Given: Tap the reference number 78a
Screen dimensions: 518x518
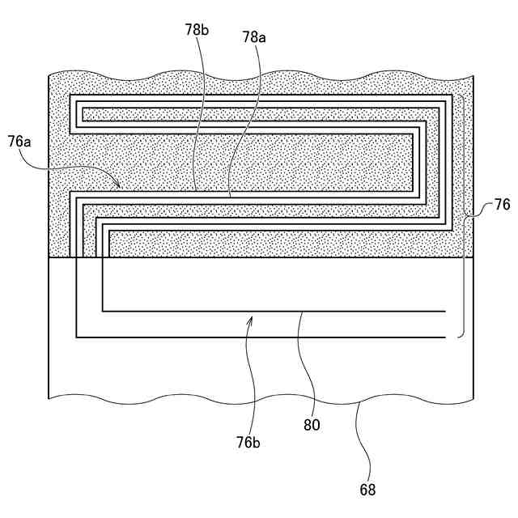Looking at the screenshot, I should [254, 37].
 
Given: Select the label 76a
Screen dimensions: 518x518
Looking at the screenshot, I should [20, 142].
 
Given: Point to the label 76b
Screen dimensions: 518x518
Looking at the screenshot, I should [249, 443].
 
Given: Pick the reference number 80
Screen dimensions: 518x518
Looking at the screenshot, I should [312, 425].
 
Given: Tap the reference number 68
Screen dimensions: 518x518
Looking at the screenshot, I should [368, 489].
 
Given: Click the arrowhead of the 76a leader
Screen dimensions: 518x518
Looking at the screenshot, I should [121, 186].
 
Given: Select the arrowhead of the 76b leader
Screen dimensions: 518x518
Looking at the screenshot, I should [250, 317].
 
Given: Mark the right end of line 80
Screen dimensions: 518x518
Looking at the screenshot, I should [447, 311].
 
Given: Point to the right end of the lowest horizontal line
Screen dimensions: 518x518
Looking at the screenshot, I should [447, 337].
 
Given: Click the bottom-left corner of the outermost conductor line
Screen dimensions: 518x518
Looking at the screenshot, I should [76, 337].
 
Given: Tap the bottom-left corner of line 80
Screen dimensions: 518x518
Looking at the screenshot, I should [103, 311].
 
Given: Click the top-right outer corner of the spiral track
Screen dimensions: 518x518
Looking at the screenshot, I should [452, 96].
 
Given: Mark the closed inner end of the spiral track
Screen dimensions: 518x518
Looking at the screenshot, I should [83, 114].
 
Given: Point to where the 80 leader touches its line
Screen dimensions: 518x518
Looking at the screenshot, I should [301, 311].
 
